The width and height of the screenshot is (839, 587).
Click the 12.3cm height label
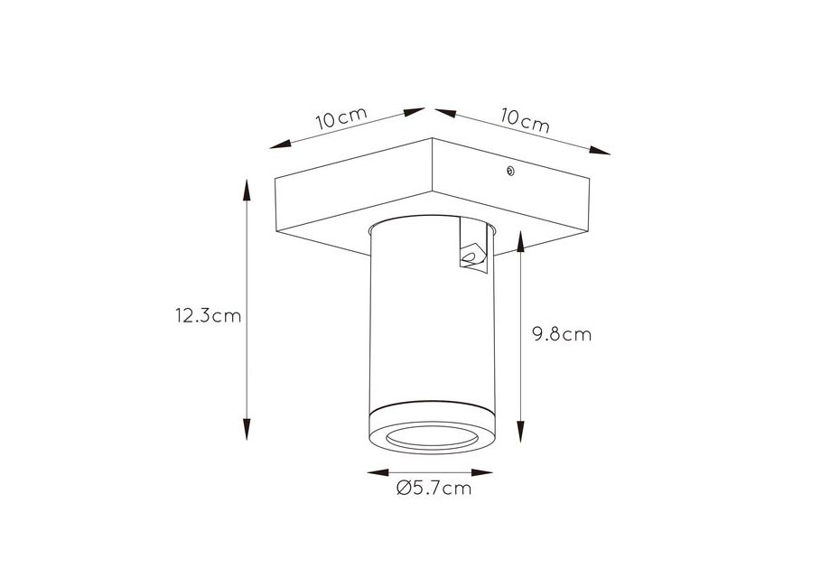(x=209, y=316)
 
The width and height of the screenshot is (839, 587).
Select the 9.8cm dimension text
(x=562, y=334)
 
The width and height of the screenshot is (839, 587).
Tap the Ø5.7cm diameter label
(x=433, y=488)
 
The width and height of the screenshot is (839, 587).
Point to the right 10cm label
(x=526, y=120)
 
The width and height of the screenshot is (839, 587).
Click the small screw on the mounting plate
(x=510, y=171)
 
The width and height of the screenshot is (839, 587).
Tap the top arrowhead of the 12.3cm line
(x=247, y=189)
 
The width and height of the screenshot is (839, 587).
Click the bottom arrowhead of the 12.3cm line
(x=247, y=429)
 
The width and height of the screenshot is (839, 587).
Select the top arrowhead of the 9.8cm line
(x=520, y=241)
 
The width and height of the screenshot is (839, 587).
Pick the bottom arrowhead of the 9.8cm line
(x=520, y=432)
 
